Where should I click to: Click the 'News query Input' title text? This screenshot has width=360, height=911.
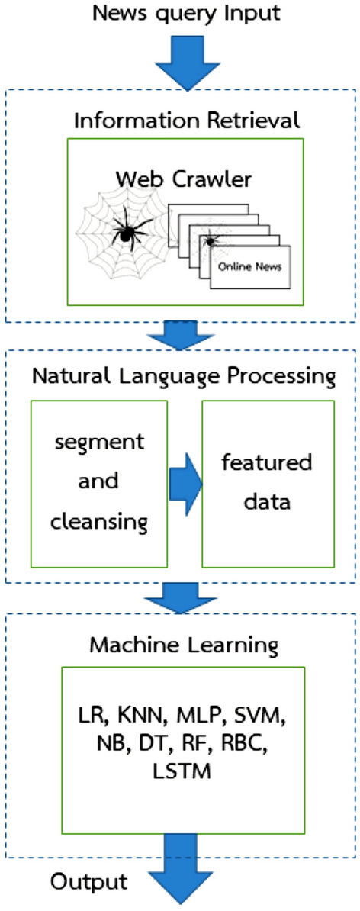(x=186, y=13)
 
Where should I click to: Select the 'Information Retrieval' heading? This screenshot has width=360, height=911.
(x=186, y=121)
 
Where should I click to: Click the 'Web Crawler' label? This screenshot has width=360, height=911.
(x=184, y=179)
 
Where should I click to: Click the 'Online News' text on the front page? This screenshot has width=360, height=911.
(x=250, y=267)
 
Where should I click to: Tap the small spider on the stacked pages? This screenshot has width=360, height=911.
(x=210, y=240)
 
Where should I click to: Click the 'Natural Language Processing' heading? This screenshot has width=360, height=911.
(x=184, y=376)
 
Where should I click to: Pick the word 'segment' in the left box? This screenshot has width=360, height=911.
(x=99, y=442)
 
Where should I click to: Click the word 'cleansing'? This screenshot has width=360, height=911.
(x=99, y=521)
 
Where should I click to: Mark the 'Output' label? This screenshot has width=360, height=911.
(x=88, y=881)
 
